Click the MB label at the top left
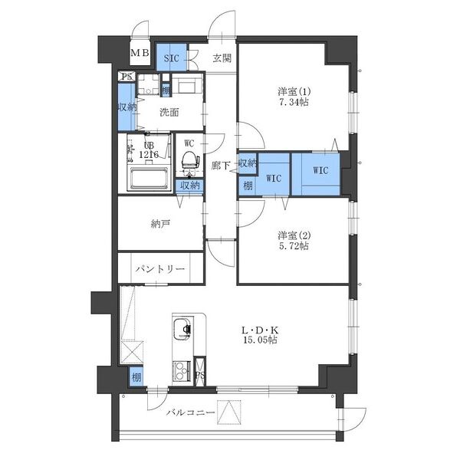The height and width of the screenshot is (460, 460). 140,53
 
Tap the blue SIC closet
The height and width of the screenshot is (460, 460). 169,58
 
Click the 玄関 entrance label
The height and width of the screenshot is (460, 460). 222,58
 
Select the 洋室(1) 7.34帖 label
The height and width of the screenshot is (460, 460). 293,97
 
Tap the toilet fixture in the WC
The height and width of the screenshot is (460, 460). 188,160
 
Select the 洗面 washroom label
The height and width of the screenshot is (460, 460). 169,112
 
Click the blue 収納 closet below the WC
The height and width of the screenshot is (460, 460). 189,185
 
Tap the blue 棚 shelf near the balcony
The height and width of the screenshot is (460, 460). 136,377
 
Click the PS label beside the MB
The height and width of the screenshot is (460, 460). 125,77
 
